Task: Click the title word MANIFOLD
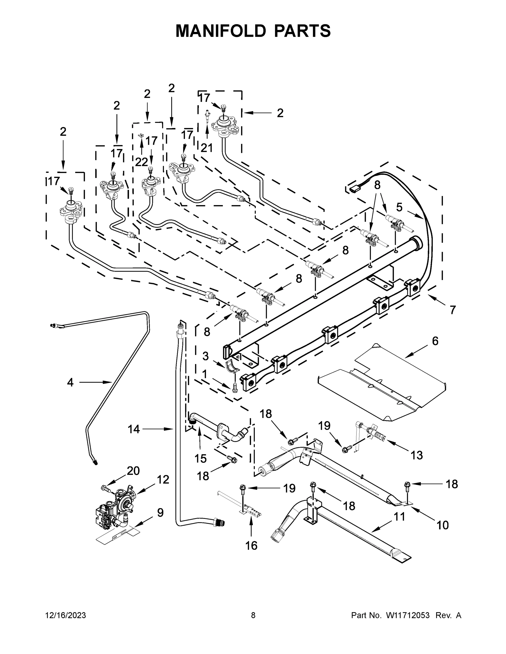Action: (220, 31)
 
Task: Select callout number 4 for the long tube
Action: (70, 382)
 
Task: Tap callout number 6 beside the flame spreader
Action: (435, 341)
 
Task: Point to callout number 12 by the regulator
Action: (163, 479)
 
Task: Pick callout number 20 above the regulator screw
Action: (133, 471)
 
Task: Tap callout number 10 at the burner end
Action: (442, 525)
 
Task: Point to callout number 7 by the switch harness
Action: (452, 310)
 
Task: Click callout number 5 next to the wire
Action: (399, 207)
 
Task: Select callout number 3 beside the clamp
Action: (205, 356)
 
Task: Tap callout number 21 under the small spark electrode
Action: (206, 148)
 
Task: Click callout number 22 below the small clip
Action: (141, 162)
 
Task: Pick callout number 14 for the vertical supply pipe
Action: (134, 429)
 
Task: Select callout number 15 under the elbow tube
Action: (200, 458)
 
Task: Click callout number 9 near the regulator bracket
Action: (160, 513)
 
